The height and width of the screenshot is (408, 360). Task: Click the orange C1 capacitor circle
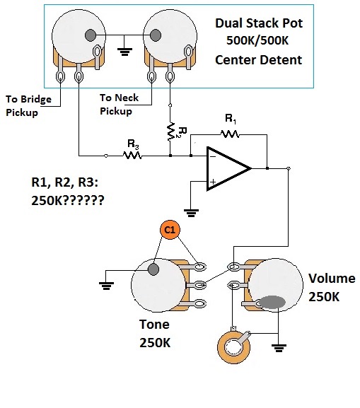tap(170, 230)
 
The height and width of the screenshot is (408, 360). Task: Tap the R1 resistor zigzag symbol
tap(230, 134)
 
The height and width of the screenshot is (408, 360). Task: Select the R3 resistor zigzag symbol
tap(132, 156)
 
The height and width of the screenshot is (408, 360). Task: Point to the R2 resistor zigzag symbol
tap(170, 132)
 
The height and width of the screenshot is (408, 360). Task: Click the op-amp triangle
tap(228, 168)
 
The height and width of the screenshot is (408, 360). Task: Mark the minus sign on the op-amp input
tap(213, 156)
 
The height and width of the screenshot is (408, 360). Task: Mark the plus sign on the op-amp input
tap(213, 182)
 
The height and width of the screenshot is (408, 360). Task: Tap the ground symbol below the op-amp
tap(191, 213)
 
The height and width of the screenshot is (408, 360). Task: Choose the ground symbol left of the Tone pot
tap(106, 286)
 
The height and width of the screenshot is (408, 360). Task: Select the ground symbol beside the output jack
tap(279, 348)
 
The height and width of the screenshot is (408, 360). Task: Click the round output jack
tap(234, 346)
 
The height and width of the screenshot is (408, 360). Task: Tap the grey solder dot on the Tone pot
tap(153, 269)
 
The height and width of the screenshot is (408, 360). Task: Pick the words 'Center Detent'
tap(258, 60)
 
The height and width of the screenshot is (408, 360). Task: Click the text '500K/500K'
tap(257, 40)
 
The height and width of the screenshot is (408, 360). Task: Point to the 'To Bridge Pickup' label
tap(28, 105)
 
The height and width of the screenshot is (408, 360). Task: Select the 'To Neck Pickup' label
tap(120, 105)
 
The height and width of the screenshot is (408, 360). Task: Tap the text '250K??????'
tap(68, 200)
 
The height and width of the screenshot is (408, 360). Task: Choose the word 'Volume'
tap(332, 278)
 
